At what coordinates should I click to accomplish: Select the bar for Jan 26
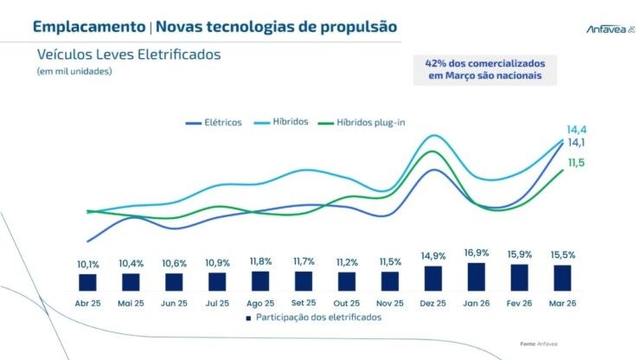[x=477, y=276]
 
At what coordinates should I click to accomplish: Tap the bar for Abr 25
[x=87, y=281]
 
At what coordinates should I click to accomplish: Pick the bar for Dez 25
[x=433, y=278]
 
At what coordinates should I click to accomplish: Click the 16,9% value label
[x=477, y=253]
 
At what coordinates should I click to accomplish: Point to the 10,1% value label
[x=87, y=263]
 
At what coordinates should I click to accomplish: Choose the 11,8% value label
[x=260, y=260]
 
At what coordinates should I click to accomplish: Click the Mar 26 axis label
[x=563, y=303]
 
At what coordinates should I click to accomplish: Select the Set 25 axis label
[x=304, y=303]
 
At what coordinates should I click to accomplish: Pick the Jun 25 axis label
[x=174, y=303]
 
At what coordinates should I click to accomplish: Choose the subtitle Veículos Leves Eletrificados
[x=129, y=54]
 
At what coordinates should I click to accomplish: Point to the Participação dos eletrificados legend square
[x=248, y=318]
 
